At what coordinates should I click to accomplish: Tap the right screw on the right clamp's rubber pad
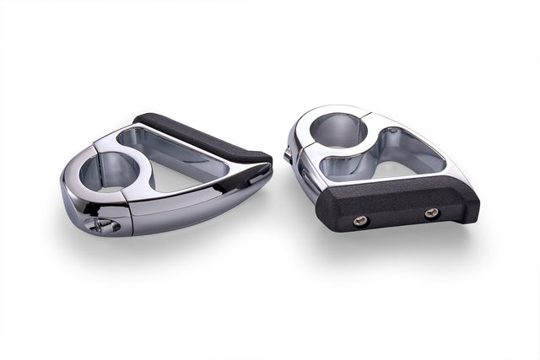pyautogui.click(x=431, y=213)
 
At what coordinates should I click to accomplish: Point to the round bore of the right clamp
pyautogui.click(x=337, y=132)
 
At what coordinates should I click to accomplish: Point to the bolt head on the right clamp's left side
pyautogui.click(x=289, y=153)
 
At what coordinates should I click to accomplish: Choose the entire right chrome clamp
pyautogui.click(x=380, y=169)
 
